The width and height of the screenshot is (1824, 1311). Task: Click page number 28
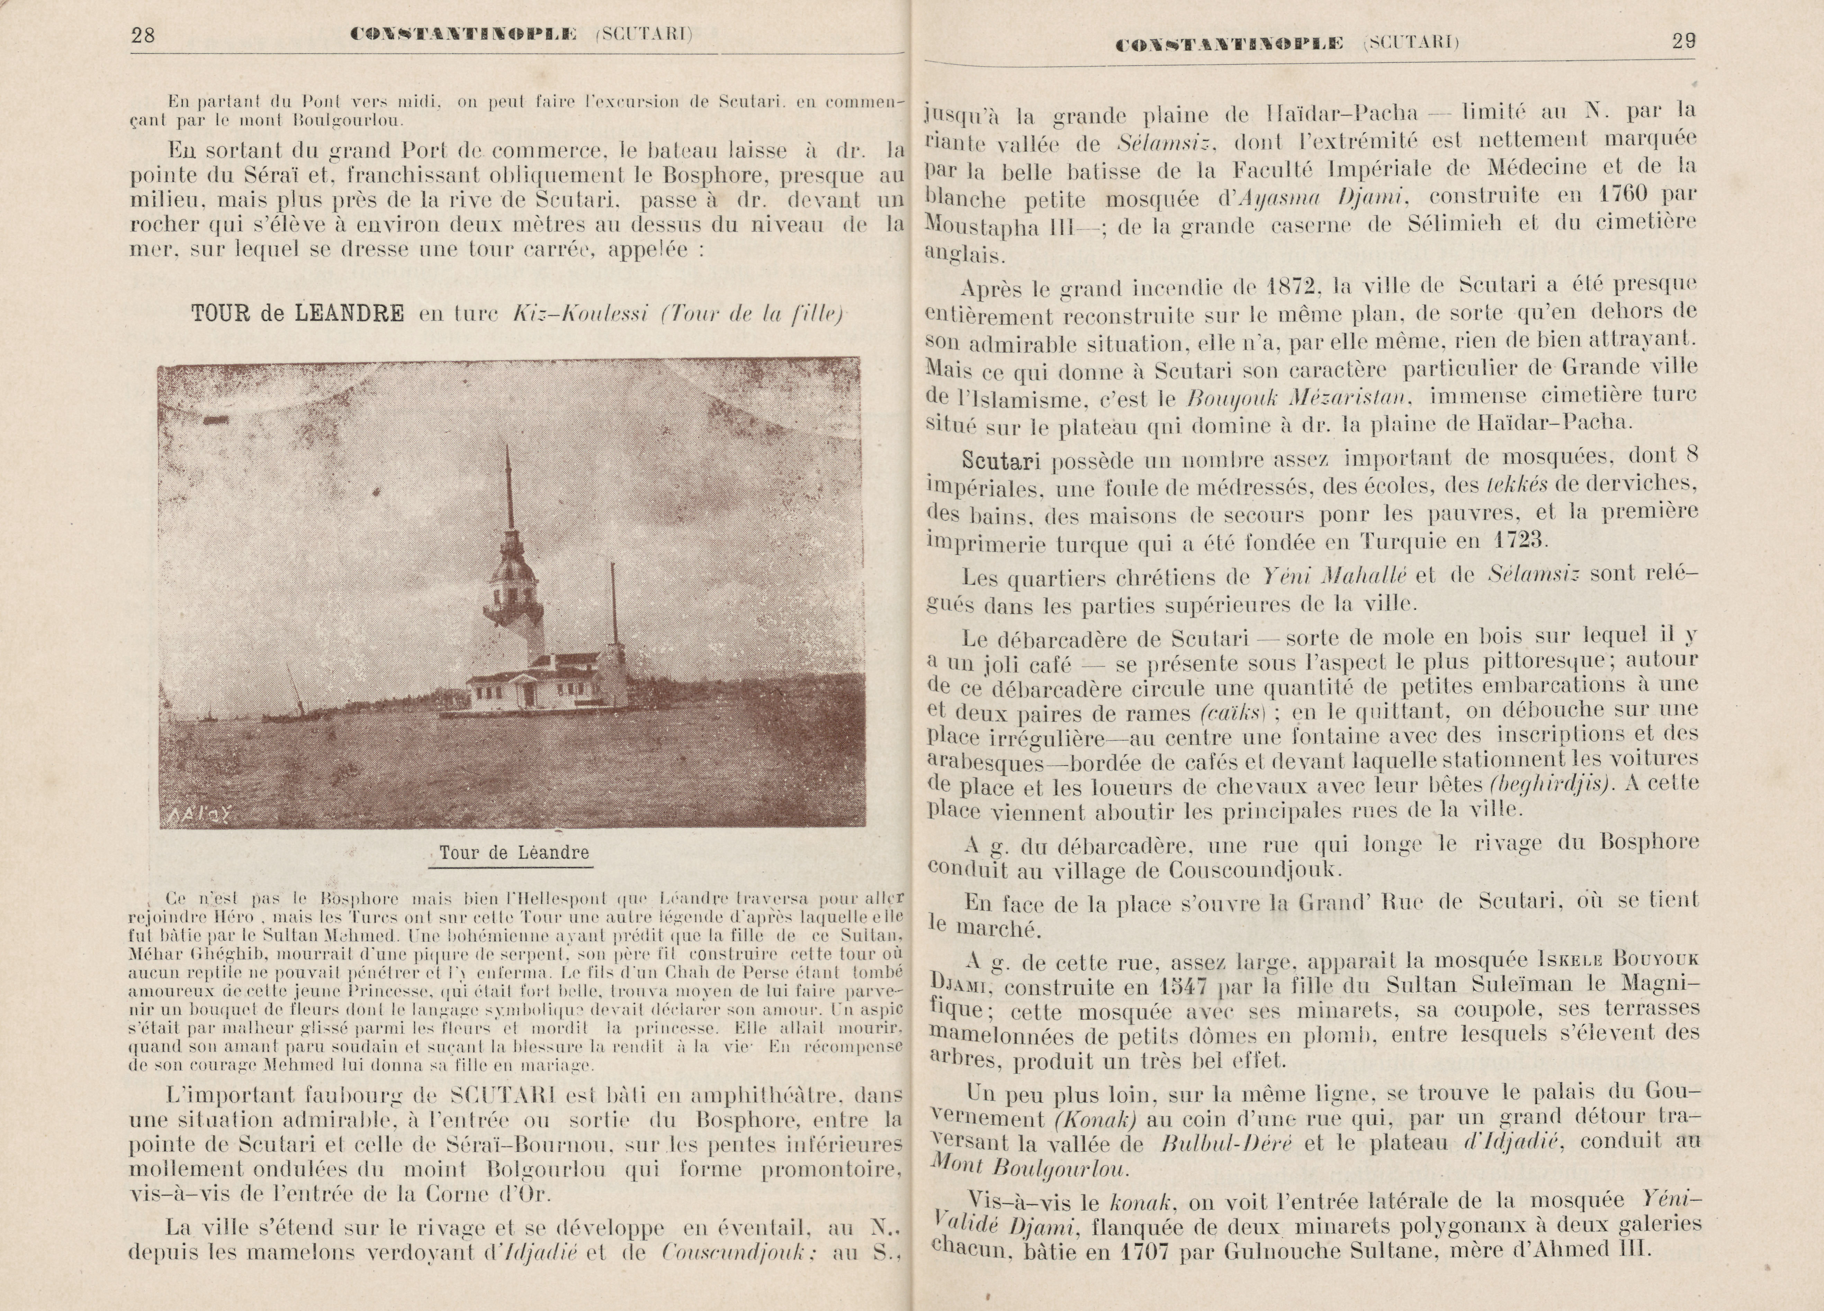pos(142,35)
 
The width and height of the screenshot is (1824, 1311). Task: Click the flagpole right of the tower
pos(613,603)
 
